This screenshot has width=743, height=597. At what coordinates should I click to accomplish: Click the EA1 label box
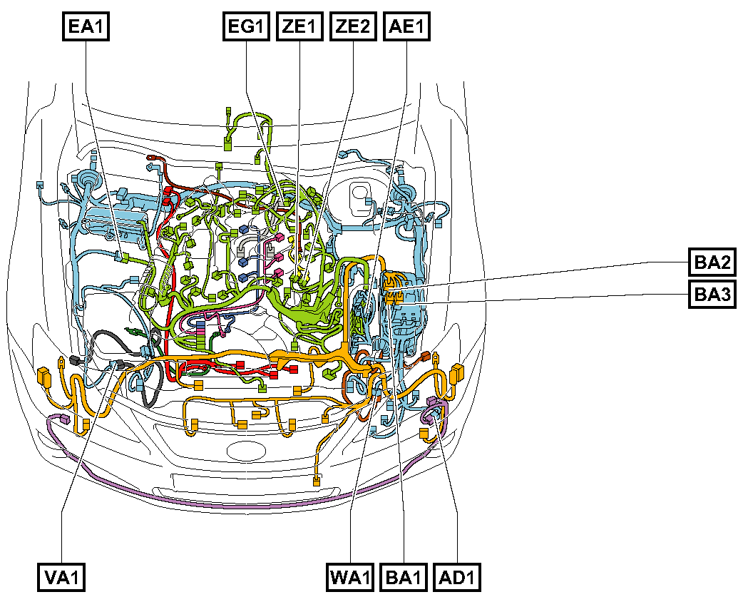point(86,26)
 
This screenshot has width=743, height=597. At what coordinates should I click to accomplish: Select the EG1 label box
point(246,26)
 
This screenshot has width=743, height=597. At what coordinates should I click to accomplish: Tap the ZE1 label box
point(299,26)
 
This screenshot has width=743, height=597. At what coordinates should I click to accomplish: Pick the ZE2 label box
point(353,26)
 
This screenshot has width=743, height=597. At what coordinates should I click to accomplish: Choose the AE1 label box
point(406,26)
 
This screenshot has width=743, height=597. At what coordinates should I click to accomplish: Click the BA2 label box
point(712,262)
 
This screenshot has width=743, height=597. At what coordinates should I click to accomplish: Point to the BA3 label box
point(712,295)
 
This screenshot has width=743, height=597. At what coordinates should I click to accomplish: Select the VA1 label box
point(61,577)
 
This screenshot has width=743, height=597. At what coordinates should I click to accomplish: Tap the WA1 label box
point(350,577)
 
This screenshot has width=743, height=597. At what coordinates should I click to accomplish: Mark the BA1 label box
point(404,577)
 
